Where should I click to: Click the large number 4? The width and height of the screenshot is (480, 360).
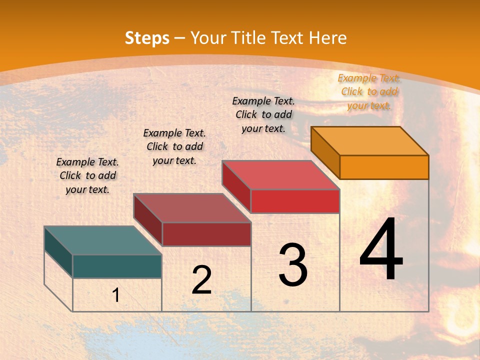[x=381, y=250]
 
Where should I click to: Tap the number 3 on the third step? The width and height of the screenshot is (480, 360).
[x=292, y=265]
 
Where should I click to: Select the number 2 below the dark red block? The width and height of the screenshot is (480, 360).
[x=201, y=280]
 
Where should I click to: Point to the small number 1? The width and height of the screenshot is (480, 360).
[x=116, y=295]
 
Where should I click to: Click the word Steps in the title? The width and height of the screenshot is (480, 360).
[x=147, y=38]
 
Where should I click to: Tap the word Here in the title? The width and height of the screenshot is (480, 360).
[x=328, y=38]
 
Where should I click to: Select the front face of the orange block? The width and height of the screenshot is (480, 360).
[x=384, y=167]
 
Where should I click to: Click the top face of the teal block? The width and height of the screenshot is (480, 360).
[x=103, y=240]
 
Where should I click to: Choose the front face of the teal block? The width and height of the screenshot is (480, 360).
[x=117, y=266]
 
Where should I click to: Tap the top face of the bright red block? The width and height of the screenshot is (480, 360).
[x=281, y=175]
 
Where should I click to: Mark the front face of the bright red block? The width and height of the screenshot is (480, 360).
[x=295, y=201]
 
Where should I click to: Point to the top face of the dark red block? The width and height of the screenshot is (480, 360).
[x=192, y=208]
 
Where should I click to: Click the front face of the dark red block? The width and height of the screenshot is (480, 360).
[x=206, y=234]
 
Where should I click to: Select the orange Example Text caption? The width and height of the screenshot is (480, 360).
[x=369, y=91]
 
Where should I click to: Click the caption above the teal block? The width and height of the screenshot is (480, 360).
[x=87, y=175]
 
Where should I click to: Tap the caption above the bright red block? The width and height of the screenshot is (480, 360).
[x=263, y=114]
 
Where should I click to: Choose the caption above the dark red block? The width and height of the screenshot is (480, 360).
[x=174, y=146]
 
